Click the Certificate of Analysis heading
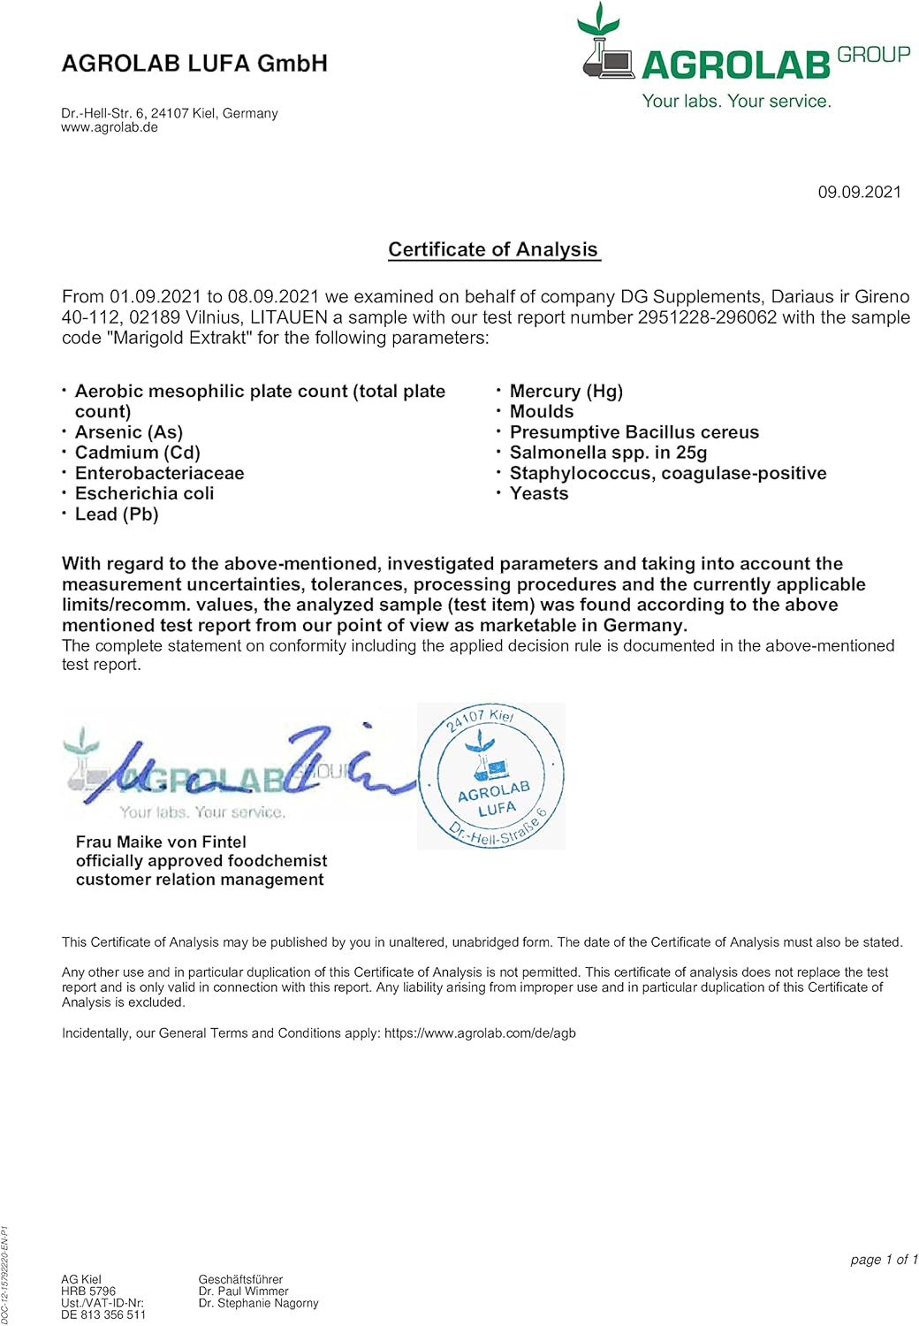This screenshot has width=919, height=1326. click(493, 249)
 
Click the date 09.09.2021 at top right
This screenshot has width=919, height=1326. click(859, 192)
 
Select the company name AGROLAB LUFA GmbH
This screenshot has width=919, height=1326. click(194, 64)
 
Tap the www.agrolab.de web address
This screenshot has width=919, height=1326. click(110, 127)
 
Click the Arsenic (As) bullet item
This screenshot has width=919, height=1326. click(129, 432)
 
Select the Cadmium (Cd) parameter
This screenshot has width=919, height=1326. click(138, 453)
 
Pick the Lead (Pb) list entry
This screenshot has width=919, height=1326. click(117, 514)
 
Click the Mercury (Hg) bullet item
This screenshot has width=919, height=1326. click(566, 391)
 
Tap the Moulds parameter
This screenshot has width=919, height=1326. click(542, 412)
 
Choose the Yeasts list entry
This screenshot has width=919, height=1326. click(539, 493)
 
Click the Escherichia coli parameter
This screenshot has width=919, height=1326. click(145, 493)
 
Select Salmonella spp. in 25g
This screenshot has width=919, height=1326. click(609, 453)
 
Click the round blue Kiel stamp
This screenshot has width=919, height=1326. click(491, 776)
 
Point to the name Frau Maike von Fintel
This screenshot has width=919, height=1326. click(161, 842)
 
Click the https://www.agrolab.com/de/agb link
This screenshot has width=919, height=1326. click(480, 1033)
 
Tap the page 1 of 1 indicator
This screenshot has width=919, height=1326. click(884, 1259)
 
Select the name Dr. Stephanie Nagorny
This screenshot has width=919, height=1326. click(258, 1303)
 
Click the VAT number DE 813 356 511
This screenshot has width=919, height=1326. click(103, 1315)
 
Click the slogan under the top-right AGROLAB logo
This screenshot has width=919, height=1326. click(736, 101)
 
